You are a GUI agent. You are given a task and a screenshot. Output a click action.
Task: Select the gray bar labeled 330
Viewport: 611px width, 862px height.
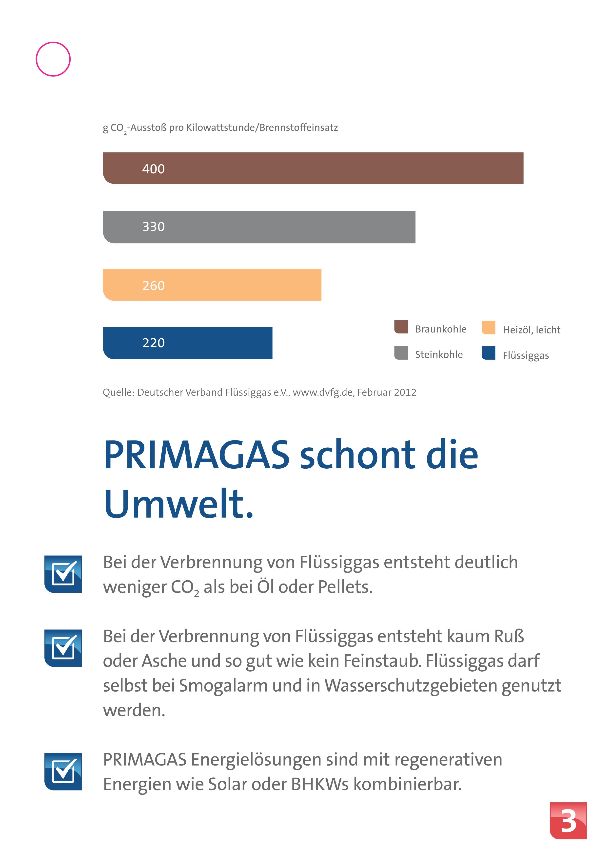(259, 227)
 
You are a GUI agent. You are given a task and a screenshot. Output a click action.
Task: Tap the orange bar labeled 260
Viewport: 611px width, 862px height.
(212, 285)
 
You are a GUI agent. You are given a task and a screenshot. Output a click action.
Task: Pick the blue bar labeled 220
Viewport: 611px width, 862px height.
(187, 343)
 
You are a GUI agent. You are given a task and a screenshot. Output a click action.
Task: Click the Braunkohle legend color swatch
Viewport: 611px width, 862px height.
(401, 327)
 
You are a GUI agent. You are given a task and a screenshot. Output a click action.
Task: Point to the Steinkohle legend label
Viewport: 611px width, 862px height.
(439, 354)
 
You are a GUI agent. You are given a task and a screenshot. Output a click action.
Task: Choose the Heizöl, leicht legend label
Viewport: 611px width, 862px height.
(531, 330)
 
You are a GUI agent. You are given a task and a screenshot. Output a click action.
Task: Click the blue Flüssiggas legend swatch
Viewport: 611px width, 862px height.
(488, 353)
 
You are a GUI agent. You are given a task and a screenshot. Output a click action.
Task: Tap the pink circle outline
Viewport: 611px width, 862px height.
(53, 59)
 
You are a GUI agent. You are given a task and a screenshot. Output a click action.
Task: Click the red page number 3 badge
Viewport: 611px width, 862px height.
(568, 821)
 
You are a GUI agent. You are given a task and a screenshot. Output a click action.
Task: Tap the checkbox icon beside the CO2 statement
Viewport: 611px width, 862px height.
(63, 574)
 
